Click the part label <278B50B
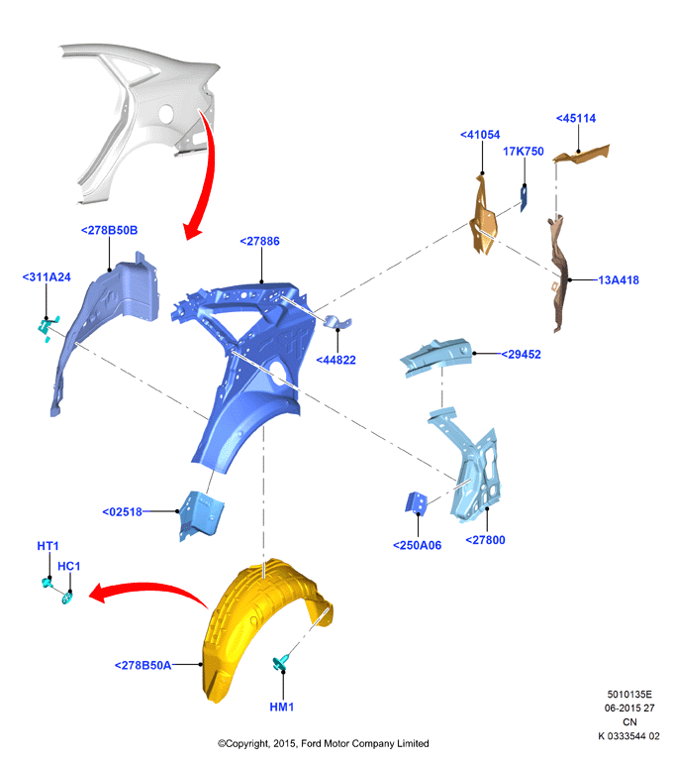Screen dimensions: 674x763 [x=109, y=230]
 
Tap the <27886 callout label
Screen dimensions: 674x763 [x=260, y=242]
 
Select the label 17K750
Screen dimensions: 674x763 [x=524, y=152]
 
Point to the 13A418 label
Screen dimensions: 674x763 [x=619, y=280]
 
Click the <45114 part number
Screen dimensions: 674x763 [x=576, y=118]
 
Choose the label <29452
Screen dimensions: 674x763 [x=521, y=355]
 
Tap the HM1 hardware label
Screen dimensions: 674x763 [x=282, y=707]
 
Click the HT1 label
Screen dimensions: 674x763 [x=48, y=546]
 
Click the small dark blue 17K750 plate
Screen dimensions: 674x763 [x=524, y=199]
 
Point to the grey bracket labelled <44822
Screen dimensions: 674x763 [x=337, y=322]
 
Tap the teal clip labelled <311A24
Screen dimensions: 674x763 [x=48, y=328]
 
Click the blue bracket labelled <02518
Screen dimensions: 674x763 [x=201, y=515]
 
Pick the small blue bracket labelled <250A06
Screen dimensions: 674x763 [x=416, y=502]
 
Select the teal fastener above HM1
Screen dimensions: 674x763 [x=281, y=662]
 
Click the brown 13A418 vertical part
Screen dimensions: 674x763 [x=559, y=272]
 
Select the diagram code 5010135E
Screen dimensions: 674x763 [x=629, y=695]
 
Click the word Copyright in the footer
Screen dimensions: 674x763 [x=246, y=743]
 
